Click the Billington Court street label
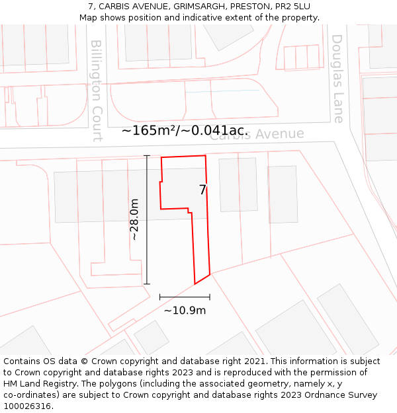97,91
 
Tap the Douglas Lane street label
338,79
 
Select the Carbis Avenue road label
257,134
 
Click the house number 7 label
202,190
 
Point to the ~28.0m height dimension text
134,219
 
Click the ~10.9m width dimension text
185,310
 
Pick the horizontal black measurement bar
185,297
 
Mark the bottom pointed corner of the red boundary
195,284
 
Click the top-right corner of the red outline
206,156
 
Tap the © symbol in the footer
84,361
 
